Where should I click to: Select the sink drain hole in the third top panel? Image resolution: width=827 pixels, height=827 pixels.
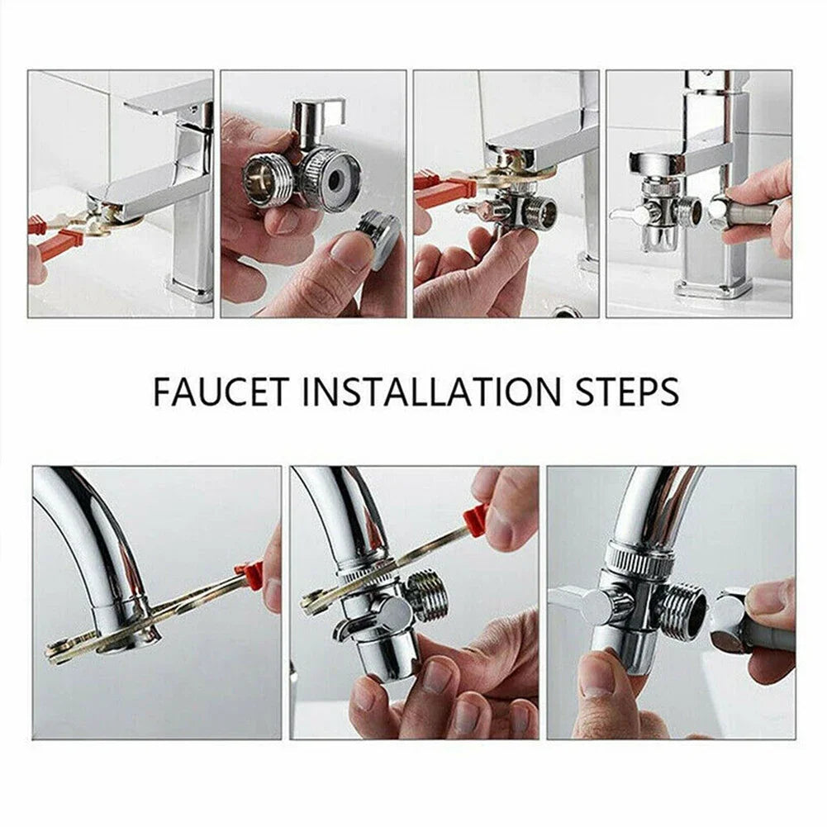(x=567, y=311)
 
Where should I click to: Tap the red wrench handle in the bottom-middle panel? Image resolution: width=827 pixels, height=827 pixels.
(x=476, y=518)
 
